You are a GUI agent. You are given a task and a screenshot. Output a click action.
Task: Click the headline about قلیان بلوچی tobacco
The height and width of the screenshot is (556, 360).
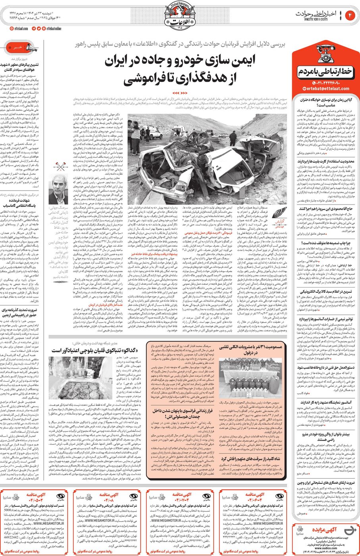point(93,350)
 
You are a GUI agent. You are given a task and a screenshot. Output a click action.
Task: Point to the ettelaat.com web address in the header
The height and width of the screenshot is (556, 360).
point(20,29)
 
